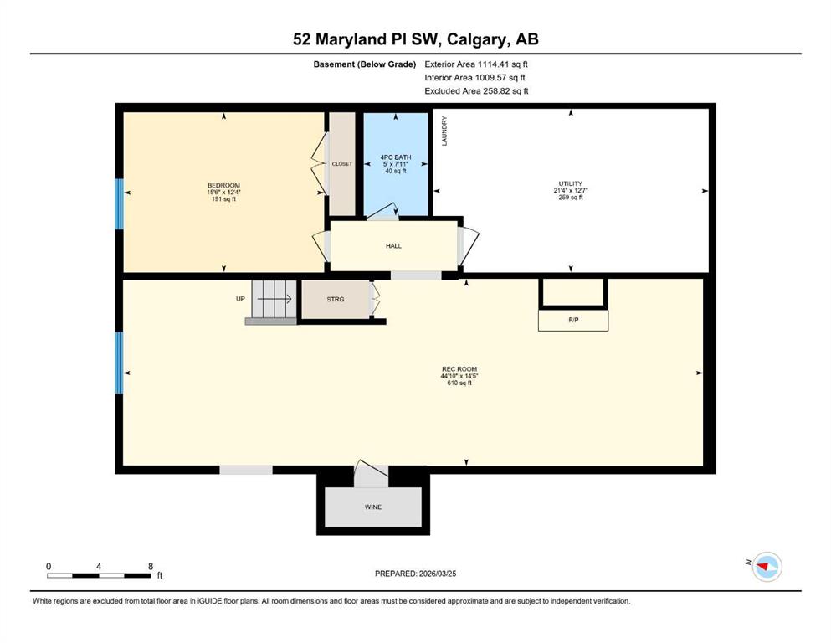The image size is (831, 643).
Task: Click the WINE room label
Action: (373, 507)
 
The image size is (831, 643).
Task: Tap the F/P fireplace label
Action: (573, 320)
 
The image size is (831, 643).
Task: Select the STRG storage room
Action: (336, 300)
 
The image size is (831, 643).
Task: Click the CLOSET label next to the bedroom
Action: (341, 164)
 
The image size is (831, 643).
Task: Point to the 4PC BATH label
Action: (396, 157)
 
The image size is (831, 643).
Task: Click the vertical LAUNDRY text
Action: (444, 131)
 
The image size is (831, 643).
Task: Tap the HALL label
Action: (394, 246)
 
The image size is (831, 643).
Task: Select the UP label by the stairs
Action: (241, 299)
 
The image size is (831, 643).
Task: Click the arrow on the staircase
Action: (274, 299)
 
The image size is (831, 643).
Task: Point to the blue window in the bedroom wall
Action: (119, 204)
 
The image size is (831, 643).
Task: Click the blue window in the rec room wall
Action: (119, 363)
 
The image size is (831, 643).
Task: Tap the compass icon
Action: (767, 566)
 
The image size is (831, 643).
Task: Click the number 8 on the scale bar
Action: (151, 566)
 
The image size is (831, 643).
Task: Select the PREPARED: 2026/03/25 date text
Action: (415, 574)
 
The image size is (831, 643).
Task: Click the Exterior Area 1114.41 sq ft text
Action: (476, 64)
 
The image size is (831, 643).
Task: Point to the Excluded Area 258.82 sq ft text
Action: (476, 90)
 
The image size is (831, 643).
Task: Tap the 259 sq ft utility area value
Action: (571, 198)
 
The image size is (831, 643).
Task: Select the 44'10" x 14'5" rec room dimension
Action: (459, 376)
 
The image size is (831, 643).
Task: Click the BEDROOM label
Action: (223, 186)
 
